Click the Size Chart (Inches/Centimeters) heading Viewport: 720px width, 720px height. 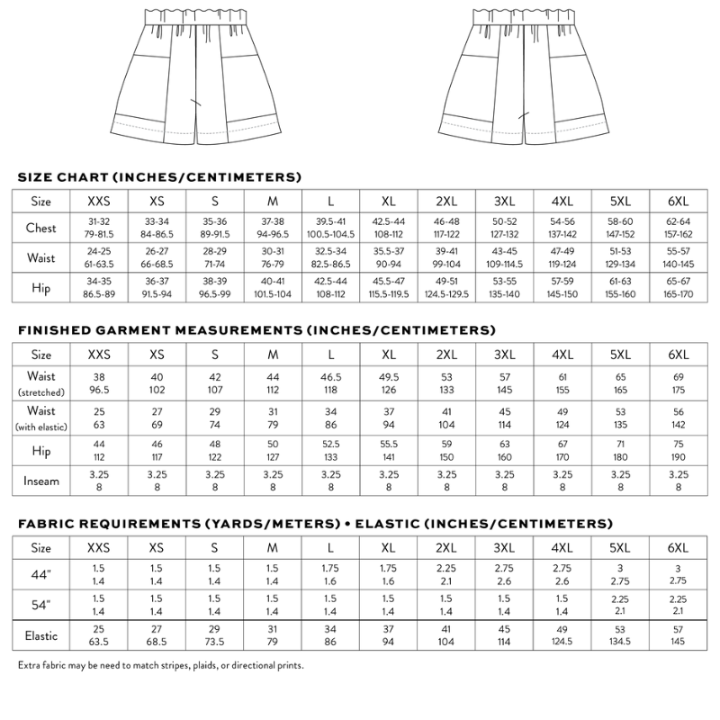[159, 176]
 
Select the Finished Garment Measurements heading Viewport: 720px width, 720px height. [256, 329]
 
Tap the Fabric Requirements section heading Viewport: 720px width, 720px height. [315, 523]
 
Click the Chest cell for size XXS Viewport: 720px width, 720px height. [99, 228]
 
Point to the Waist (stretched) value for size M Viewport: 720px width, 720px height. [274, 382]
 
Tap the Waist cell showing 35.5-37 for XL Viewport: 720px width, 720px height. [389, 258]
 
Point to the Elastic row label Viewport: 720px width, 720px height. [41, 635]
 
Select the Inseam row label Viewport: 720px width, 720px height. [41, 480]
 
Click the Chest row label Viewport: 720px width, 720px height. [41, 228]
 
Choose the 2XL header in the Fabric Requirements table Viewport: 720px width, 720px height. [446, 547]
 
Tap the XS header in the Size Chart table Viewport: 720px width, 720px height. [157, 201]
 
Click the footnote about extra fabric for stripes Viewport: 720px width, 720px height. [160, 666]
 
